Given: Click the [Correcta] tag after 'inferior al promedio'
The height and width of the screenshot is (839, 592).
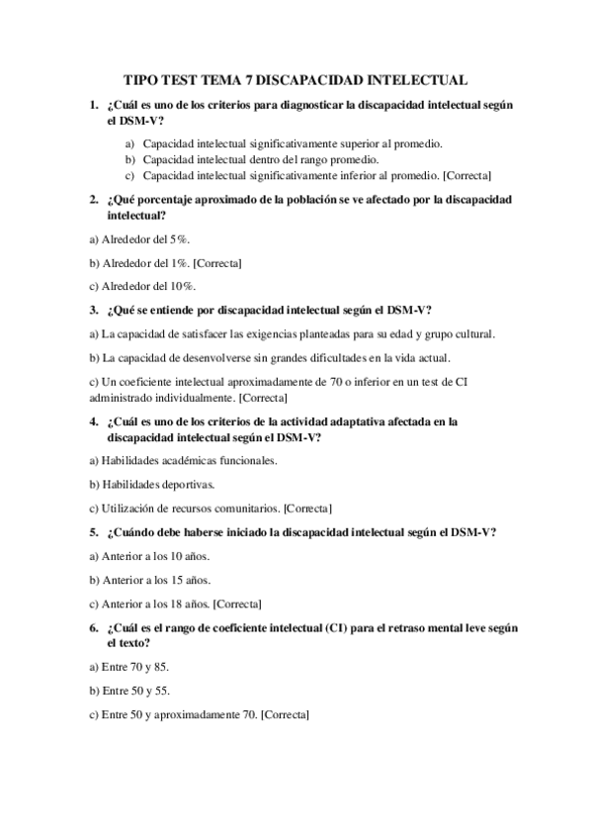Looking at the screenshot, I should tap(468, 175).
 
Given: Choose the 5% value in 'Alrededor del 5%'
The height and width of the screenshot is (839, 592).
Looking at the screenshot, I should tap(179, 239).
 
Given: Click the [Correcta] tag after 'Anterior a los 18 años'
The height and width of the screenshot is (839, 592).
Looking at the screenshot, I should tap(238, 604).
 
